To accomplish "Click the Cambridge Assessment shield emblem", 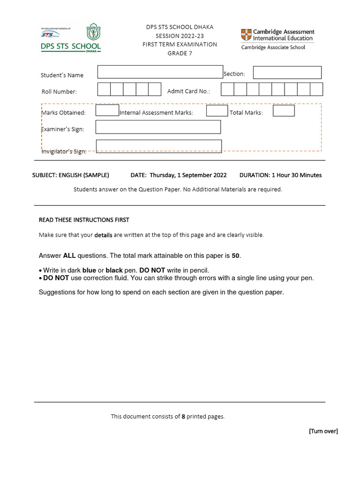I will (x=246, y=35).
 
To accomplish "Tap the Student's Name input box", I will (x=160, y=72).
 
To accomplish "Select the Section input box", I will (x=287, y=73).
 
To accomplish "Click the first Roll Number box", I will (x=104, y=90).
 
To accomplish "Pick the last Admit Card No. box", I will (x=317, y=90).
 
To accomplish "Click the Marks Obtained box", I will (x=107, y=111).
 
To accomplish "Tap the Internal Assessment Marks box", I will (x=217, y=111).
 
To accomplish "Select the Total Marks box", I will (x=284, y=111).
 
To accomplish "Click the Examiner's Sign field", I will (x=158, y=127).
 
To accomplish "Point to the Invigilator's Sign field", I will (x=159, y=146).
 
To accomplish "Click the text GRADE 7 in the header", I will (x=180, y=53).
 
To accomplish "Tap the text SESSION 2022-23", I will (x=180, y=36).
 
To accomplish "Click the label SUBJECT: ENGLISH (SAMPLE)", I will (x=70, y=175).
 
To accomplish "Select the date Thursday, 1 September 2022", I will (x=188, y=175).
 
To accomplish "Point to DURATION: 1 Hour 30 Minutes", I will (x=280, y=175).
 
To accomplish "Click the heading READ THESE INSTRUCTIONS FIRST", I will (x=84, y=220).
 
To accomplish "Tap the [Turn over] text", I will (x=323, y=431).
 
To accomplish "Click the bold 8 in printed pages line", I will (x=183, y=416).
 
